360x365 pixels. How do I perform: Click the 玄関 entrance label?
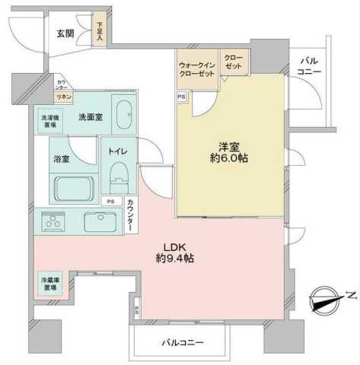(65, 33)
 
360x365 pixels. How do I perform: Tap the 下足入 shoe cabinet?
(100, 33)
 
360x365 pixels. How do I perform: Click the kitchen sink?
(100, 223)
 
